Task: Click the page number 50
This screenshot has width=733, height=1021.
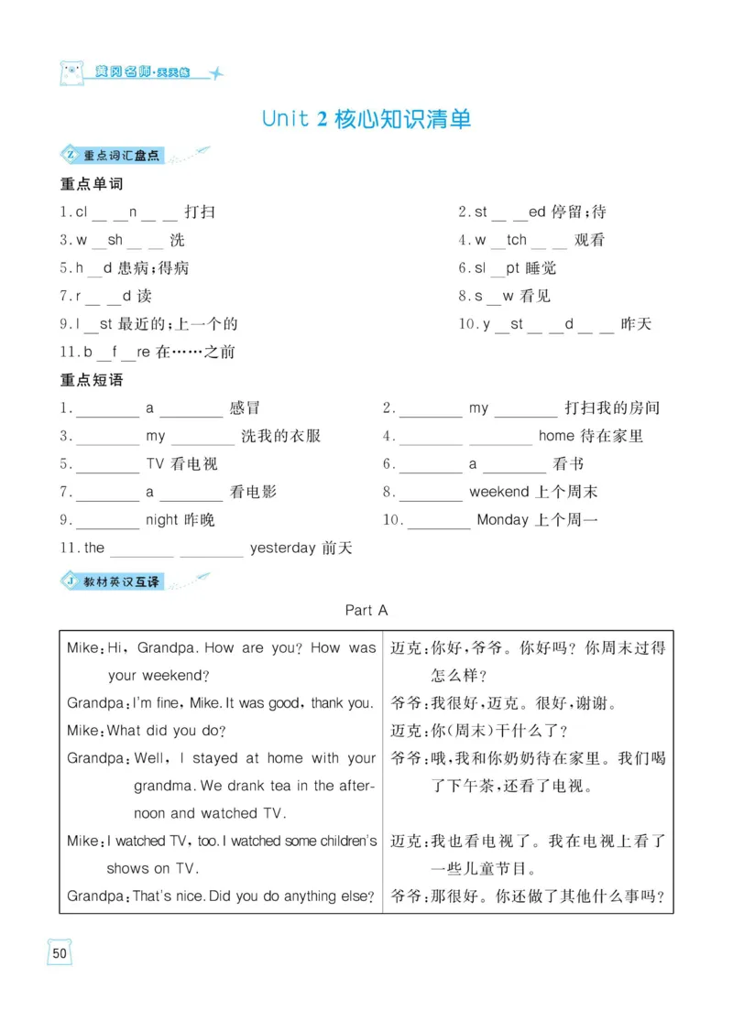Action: click(60, 952)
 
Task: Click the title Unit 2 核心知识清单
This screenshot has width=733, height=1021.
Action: click(366, 120)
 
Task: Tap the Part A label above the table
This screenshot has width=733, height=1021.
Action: click(366, 609)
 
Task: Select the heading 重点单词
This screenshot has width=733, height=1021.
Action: click(92, 184)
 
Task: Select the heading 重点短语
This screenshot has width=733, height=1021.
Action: click(92, 380)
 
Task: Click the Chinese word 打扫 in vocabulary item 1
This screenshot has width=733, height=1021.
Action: click(200, 212)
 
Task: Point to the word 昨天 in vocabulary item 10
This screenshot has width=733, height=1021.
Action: click(636, 324)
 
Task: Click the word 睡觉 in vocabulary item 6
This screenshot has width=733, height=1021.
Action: click(541, 268)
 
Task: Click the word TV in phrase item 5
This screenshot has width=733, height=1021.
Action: click(155, 464)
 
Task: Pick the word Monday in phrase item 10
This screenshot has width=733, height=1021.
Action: click(503, 520)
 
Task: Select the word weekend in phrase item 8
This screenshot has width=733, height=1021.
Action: click(498, 492)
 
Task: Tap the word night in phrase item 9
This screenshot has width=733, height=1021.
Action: click(162, 520)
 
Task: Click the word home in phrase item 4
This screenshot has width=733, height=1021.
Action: click(557, 436)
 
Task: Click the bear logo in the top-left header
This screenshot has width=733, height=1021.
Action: click(71, 72)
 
